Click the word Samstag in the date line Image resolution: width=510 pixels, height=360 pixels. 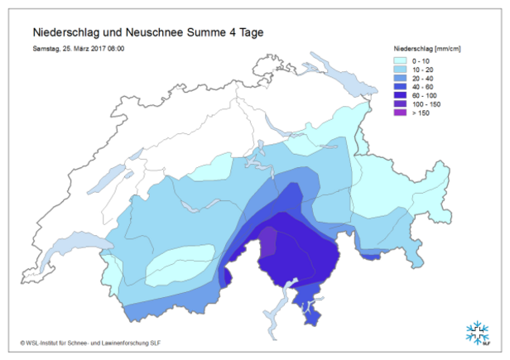[46, 48]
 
